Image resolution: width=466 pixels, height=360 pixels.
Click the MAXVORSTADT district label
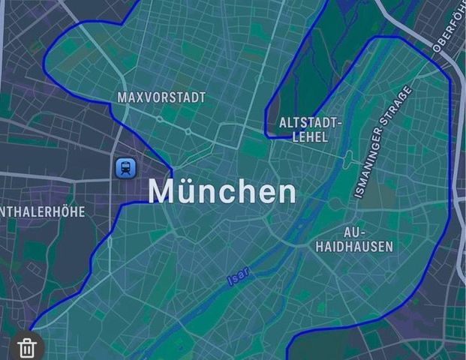pyautogui.click(x=161, y=98)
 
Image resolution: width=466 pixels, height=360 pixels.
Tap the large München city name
pyautogui.click(x=222, y=192)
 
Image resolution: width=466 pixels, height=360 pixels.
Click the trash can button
pyautogui.click(x=27, y=347)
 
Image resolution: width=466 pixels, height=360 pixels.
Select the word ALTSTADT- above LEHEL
pyautogui.click(x=311, y=122)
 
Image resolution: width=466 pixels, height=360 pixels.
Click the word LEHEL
pyautogui.click(x=309, y=137)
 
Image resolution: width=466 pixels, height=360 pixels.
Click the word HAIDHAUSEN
pyautogui.click(x=354, y=246)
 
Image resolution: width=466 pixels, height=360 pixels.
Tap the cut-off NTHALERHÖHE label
pyautogui.click(x=43, y=212)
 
